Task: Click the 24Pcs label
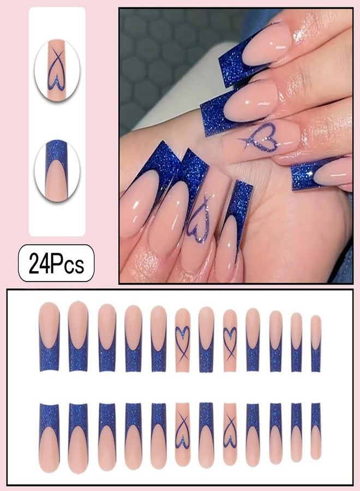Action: point(56,263)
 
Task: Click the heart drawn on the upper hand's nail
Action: point(261,140)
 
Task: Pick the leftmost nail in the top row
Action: point(49,337)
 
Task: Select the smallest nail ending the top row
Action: point(316,344)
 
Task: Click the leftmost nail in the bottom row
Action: point(49,438)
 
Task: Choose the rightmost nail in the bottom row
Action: point(316,430)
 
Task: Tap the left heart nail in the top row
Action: point(183,340)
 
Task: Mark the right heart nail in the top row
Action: point(230,340)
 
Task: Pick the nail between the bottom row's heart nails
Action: point(206,435)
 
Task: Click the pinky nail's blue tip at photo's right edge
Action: point(305,177)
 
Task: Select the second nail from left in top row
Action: point(78,336)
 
